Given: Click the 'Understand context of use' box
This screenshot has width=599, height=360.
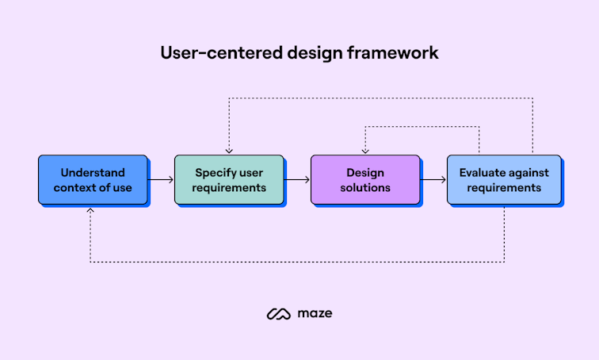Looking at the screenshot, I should point(93,180).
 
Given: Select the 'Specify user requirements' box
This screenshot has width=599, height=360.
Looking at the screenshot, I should point(229,180).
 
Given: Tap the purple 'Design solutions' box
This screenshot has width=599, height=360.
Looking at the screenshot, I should point(365,180).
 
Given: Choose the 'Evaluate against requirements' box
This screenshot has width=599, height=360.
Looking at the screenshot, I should point(503,180).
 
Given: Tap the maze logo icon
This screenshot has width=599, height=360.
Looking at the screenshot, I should point(278,314).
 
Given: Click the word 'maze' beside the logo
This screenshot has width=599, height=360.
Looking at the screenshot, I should point(317,314).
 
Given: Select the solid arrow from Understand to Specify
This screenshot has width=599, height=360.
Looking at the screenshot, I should point(162,180).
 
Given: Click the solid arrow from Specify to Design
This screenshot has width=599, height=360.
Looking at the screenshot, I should point(297,180).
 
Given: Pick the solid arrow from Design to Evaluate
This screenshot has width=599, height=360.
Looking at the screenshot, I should point(433,180).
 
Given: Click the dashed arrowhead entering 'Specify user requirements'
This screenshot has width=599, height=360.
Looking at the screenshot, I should point(229,151).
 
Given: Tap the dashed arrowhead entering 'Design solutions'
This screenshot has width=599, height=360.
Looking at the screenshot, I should point(365,151).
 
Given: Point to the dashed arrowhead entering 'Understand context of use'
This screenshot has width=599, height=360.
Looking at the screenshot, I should point(90,211).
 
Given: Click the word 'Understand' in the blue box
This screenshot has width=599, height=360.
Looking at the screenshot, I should point(93,172).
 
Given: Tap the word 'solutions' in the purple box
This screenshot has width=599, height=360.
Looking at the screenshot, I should point(365,188).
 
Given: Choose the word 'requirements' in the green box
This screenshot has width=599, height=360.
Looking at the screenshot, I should point(229,188).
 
